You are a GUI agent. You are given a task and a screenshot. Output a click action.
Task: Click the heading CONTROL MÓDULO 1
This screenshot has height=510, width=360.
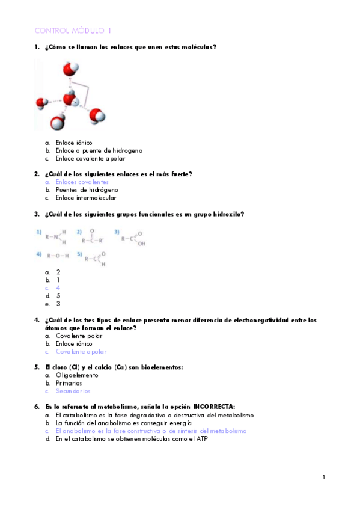(x=73, y=30)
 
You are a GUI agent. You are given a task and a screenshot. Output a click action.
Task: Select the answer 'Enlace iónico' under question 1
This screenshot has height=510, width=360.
(x=74, y=143)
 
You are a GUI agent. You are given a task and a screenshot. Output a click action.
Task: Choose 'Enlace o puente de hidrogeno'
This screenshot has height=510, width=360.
(x=99, y=150)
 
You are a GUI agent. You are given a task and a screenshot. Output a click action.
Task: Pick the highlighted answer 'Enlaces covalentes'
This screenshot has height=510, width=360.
(x=82, y=182)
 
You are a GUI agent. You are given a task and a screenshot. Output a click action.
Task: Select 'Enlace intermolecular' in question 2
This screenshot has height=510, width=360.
(x=86, y=197)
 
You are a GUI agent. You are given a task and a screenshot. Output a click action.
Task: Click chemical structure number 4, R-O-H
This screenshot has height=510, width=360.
(x=58, y=255)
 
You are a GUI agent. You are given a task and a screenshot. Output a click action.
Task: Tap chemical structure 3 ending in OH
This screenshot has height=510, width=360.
(x=133, y=238)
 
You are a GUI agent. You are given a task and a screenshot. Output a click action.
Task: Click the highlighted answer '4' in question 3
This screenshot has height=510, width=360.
(x=58, y=287)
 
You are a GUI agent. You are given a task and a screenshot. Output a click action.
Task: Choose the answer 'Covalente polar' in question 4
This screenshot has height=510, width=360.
(x=78, y=336)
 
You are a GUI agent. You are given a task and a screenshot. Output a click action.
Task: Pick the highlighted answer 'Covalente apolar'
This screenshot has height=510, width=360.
(x=81, y=351)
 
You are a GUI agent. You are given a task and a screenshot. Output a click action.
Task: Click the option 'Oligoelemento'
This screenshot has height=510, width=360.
(x=77, y=375)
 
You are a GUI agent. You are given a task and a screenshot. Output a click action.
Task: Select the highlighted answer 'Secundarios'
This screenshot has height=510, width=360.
(x=74, y=390)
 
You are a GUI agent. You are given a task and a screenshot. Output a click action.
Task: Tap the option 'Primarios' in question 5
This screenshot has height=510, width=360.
(x=69, y=382)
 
